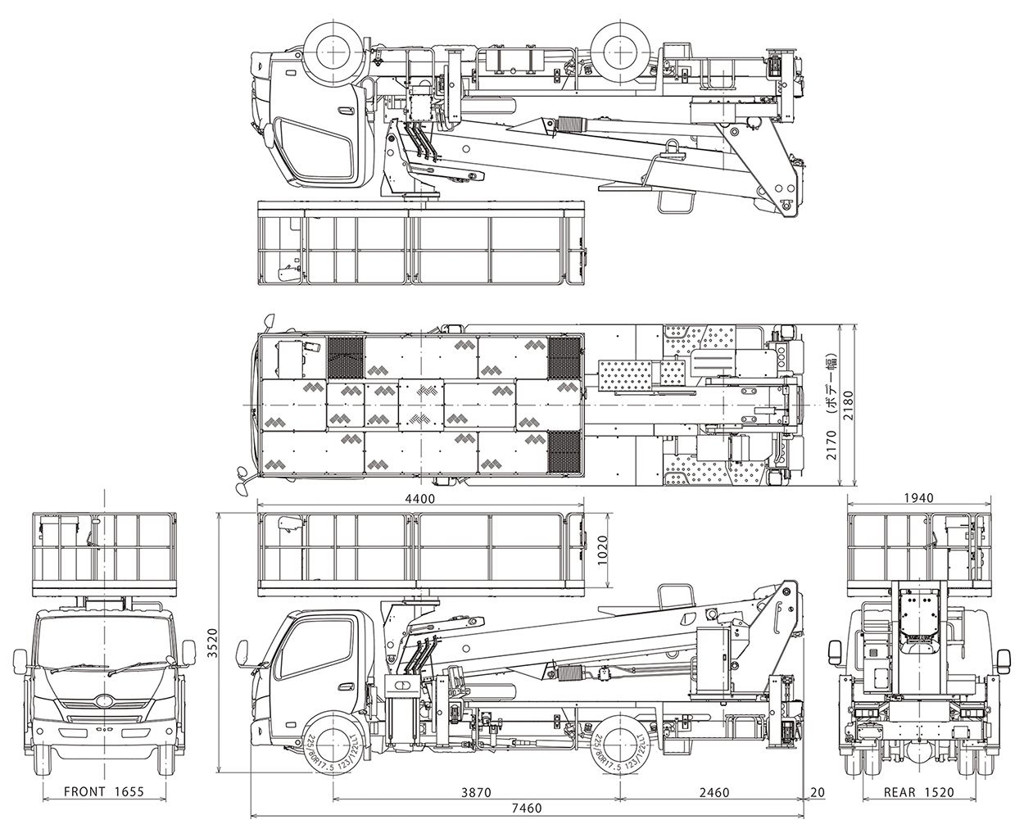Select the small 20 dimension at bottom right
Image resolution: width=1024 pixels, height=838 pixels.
point(817,794)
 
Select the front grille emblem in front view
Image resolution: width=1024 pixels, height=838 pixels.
point(104,701)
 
